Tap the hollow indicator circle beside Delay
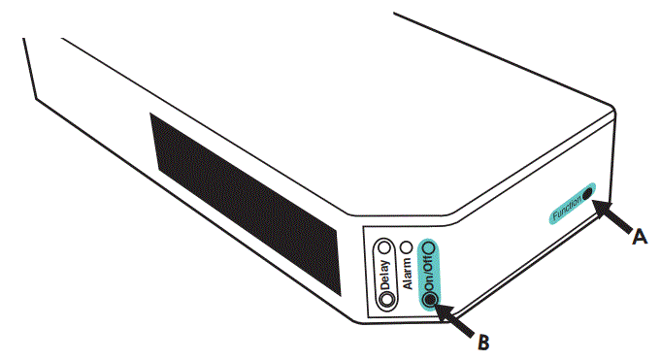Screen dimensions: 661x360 386,247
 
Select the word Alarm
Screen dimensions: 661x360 408,273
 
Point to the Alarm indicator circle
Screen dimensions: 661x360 408,248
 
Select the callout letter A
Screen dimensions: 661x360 638,234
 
